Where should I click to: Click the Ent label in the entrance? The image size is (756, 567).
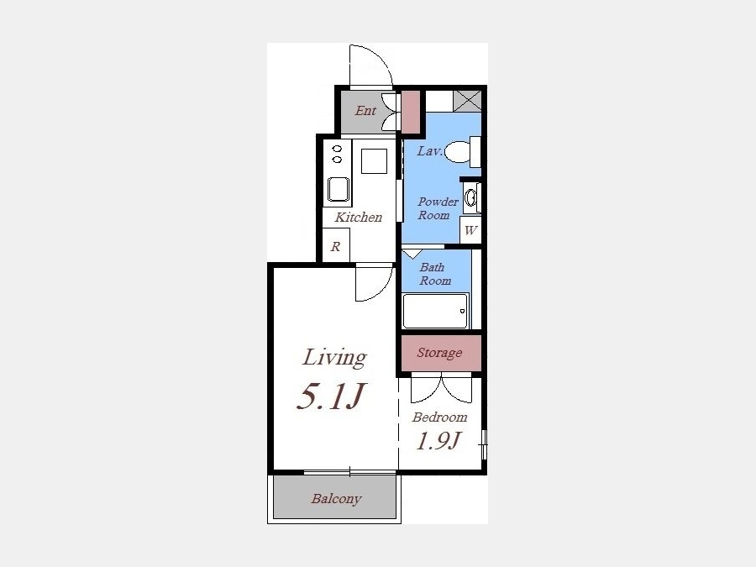[365, 111]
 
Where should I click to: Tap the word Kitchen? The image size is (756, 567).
[358, 217]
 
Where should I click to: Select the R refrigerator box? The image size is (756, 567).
[335, 246]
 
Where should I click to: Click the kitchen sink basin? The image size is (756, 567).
[339, 189]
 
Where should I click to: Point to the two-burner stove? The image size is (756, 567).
[337, 154]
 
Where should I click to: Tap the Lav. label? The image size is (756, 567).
[429, 151]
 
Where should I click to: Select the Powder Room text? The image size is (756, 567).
[438, 208]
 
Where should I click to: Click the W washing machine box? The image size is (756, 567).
[470, 230]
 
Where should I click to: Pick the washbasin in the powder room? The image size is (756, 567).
[471, 197]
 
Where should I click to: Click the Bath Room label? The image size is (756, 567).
[435, 274]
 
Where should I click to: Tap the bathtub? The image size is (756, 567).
[435, 311]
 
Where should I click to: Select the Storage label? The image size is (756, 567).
[439, 353]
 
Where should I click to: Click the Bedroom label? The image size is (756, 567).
[439, 417]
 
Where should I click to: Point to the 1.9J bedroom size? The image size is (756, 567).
[438, 441]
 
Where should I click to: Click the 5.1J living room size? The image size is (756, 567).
[332, 396]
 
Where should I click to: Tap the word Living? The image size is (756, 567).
[334, 358]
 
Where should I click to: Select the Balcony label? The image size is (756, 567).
[336, 498]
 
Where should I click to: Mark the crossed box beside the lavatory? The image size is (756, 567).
[467, 101]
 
